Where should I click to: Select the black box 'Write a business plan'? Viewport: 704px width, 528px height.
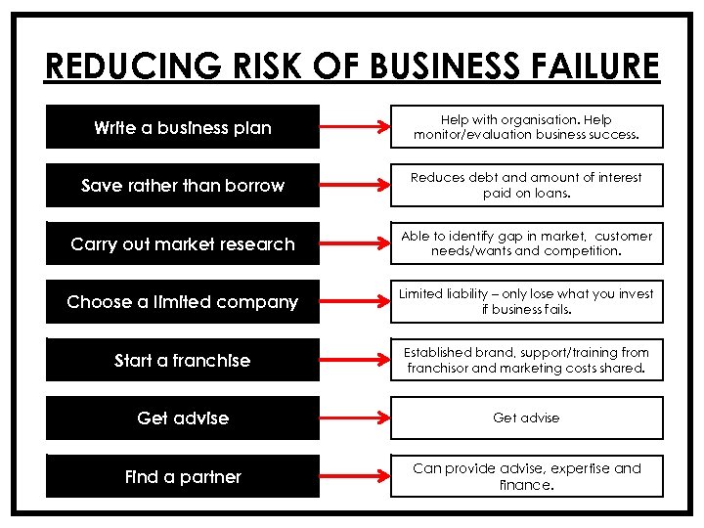[183, 127]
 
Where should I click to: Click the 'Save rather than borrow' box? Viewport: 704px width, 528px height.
[183, 185]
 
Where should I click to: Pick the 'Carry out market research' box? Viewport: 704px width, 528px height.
[183, 243]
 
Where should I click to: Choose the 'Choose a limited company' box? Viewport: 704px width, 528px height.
[183, 302]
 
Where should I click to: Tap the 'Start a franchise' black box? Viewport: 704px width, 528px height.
[183, 360]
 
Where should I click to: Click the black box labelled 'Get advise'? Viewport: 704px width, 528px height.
[183, 418]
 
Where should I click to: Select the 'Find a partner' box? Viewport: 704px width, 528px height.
[183, 476]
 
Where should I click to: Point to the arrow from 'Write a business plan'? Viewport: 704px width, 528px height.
[354, 127]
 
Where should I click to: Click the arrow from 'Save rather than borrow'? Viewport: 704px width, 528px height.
[354, 186]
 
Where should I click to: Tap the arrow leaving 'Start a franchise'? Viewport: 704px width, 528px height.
[354, 360]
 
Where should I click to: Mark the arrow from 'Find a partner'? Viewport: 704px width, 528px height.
[354, 476]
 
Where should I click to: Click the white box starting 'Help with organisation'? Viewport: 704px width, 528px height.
[526, 127]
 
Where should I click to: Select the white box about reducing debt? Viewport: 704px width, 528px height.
[526, 185]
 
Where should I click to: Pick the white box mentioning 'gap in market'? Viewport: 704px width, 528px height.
[526, 243]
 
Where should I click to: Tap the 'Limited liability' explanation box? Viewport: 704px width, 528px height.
[526, 302]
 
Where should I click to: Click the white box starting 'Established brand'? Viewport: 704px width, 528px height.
[526, 360]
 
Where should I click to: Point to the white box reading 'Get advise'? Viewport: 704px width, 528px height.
[526, 418]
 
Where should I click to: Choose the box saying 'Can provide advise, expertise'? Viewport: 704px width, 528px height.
[526, 476]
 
